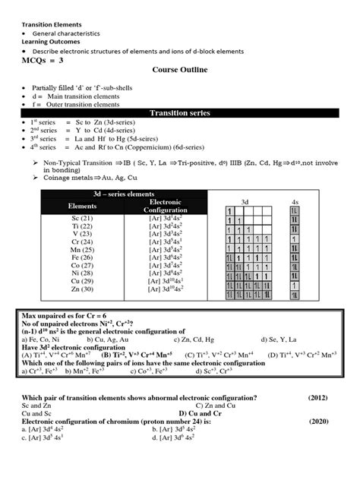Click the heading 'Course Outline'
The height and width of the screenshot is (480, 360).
[x=181, y=71]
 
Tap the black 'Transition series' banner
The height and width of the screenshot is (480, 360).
[x=180, y=113]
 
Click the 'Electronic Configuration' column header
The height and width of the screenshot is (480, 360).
[x=164, y=206]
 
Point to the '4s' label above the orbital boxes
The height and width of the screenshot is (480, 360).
[x=295, y=201]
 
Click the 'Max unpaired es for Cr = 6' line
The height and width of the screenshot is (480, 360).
[x=66, y=314]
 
